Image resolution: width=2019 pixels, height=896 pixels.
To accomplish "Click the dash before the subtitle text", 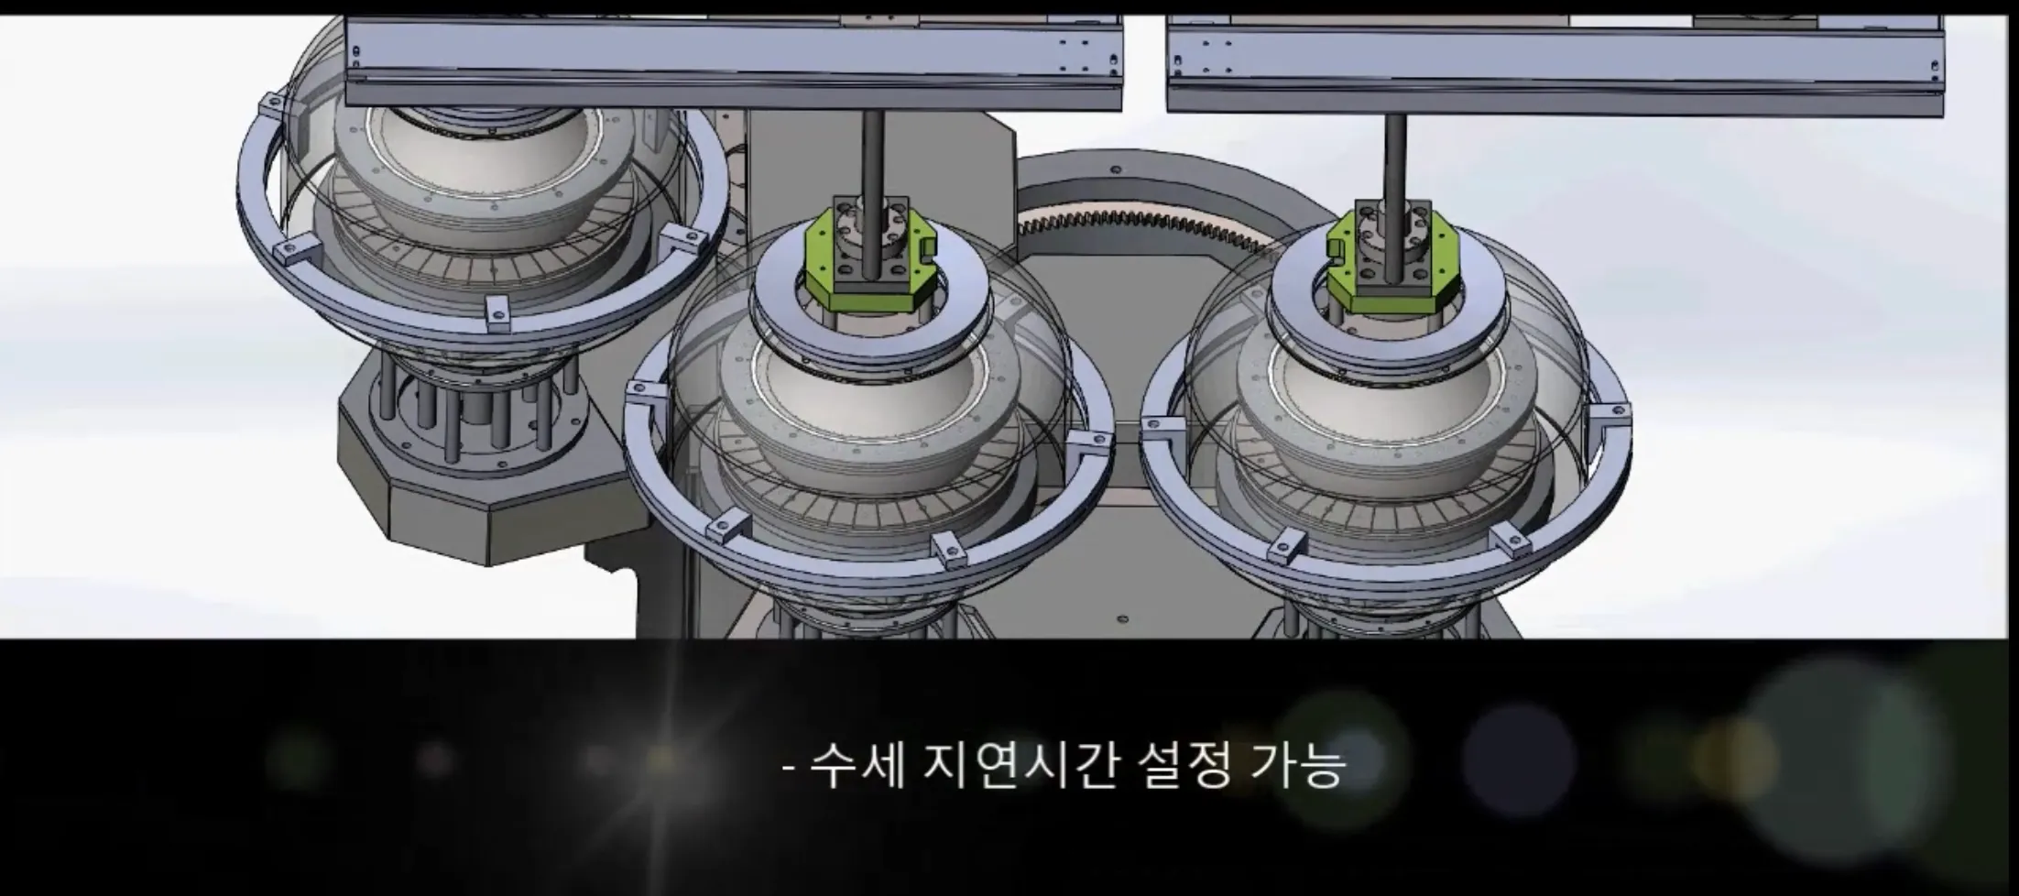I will pyautogui.click(x=789, y=768).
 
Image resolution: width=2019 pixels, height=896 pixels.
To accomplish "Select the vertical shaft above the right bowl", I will pyautogui.click(x=1394, y=156).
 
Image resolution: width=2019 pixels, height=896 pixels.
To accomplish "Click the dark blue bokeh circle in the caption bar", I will pyautogui.click(x=1516, y=760).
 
